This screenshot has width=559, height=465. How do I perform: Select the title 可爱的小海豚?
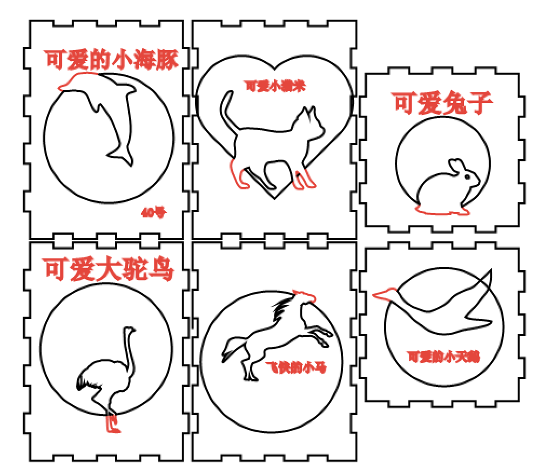(111, 59)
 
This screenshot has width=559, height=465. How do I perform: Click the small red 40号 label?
(153, 213)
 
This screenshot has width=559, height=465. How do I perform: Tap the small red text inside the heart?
(275, 86)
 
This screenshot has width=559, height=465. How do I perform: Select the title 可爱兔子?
(442, 102)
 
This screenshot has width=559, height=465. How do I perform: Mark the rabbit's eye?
(468, 176)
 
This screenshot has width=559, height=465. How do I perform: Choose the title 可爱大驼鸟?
(108, 269)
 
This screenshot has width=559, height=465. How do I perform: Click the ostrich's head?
(130, 330)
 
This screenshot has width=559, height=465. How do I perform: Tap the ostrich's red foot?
(113, 423)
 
